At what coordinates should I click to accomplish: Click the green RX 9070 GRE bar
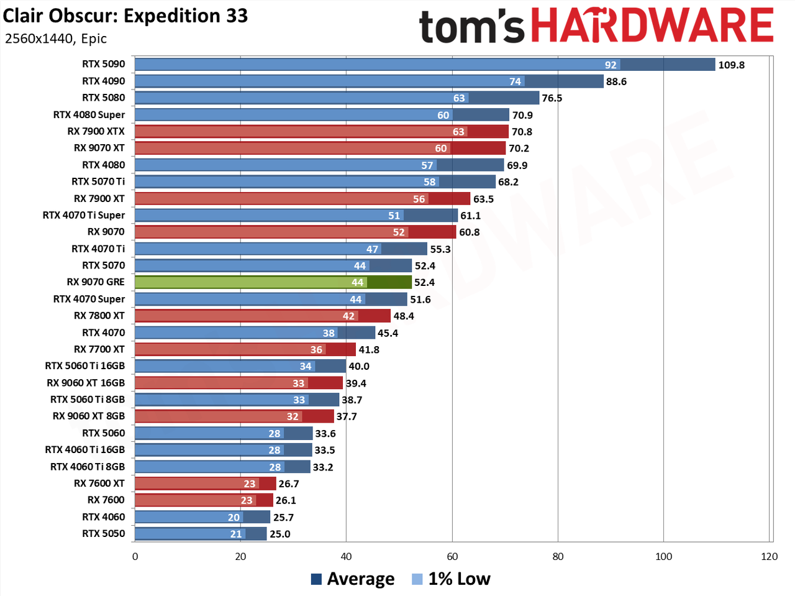pos(273,282)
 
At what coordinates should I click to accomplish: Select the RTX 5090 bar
pos(425,65)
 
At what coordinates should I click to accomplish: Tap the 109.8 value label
pos(731,65)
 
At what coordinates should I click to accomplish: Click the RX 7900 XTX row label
pos(96,131)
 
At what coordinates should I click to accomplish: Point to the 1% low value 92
pos(611,65)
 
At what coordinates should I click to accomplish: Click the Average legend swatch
pos(316,579)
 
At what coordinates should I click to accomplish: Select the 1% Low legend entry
pos(451,579)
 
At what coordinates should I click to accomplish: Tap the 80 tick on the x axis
pos(558,556)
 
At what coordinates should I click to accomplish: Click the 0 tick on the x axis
pos(135,556)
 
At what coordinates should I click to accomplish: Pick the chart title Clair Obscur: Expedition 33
pos(125,16)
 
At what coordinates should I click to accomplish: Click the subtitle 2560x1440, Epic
pos(56,39)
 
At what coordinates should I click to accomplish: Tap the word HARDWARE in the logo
pos(653,25)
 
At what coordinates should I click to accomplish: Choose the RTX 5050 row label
pos(103,533)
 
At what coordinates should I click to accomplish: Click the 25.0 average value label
pos(280,534)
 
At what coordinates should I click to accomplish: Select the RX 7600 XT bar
pos(206,484)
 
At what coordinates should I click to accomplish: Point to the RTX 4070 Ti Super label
pos(84,215)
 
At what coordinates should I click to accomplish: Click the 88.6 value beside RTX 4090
pos(617,82)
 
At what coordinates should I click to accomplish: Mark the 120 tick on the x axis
pos(770,556)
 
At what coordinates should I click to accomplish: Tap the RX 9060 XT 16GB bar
pos(238,383)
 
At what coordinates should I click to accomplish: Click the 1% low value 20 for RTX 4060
pos(234,517)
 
